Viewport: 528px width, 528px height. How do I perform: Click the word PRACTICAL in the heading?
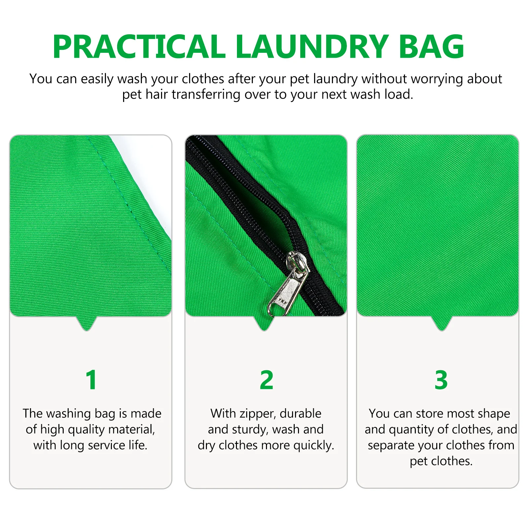(139, 47)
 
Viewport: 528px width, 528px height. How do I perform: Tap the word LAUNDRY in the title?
(312, 47)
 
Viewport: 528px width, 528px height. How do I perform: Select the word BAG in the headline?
(431, 47)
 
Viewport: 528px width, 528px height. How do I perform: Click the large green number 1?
(91, 380)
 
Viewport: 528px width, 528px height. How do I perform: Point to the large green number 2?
(266, 380)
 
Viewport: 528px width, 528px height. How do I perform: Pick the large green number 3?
(441, 380)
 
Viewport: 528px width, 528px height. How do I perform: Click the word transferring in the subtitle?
(206, 95)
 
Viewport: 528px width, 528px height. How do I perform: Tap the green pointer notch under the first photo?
(87, 323)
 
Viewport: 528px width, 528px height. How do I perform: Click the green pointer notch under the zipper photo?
(264, 323)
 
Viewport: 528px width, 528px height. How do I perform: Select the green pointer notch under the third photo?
(441, 323)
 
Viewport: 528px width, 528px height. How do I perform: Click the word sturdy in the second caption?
(249, 430)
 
